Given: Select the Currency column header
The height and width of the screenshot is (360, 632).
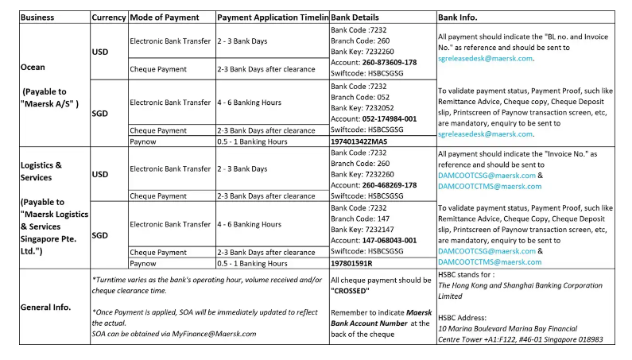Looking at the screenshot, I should click(x=108, y=17).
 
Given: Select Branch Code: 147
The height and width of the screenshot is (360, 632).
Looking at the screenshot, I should click(x=358, y=218).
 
